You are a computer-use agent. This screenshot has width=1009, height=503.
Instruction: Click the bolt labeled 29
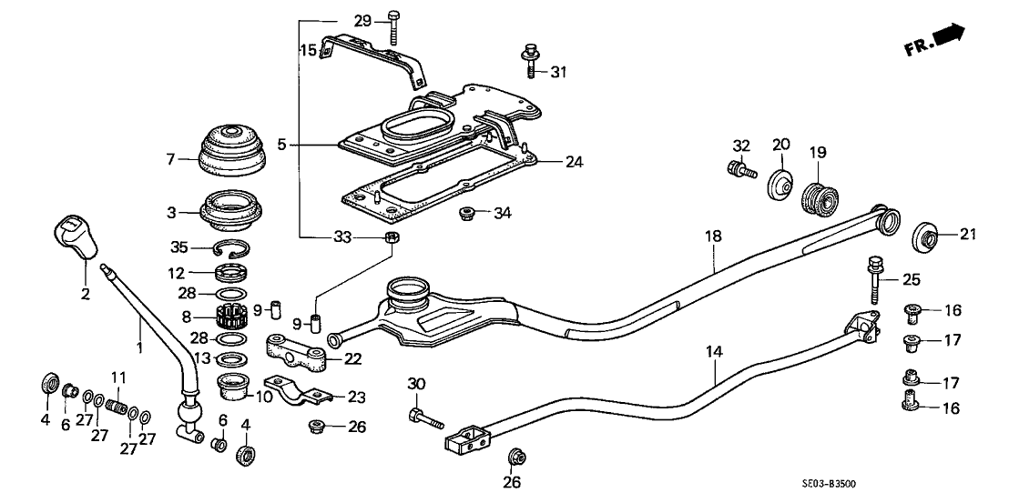(x=392, y=25)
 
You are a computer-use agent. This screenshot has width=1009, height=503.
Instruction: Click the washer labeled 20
(x=780, y=185)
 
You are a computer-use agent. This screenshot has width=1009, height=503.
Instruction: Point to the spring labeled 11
(x=116, y=403)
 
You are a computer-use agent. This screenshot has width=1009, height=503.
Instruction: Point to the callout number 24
(x=573, y=162)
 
